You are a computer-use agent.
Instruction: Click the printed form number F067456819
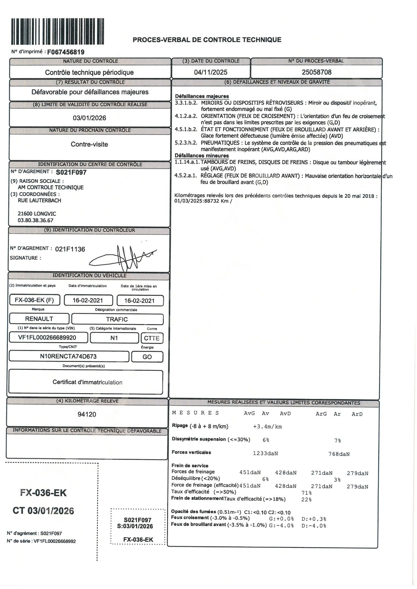tap(66, 52)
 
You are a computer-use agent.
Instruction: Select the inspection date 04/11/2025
tap(211, 72)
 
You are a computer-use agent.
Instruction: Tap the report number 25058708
tap(317, 72)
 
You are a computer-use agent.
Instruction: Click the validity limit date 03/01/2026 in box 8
tap(89, 118)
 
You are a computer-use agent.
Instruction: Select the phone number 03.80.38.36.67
tap(36, 220)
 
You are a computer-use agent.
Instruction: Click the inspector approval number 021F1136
tap(70, 249)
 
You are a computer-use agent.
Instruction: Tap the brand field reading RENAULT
tap(39, 319)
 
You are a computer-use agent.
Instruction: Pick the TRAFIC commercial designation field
tap(117, 319)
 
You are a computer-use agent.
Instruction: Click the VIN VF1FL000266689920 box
tap(47, 338)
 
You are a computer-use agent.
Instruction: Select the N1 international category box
tap(114, 338)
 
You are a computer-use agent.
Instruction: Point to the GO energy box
tap(147, 357)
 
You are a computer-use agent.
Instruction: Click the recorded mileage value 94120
tap(87, 414)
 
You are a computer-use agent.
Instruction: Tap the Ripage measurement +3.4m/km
tap(268, 427)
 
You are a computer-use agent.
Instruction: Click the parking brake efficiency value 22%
tap(306, 500)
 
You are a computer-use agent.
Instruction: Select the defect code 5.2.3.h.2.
tap(186, 143)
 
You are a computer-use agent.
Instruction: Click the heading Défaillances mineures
tap(202, 156)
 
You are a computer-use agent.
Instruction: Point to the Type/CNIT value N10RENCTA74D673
tap(68, 356)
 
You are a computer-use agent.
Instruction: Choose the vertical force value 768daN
tap(339, 454)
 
